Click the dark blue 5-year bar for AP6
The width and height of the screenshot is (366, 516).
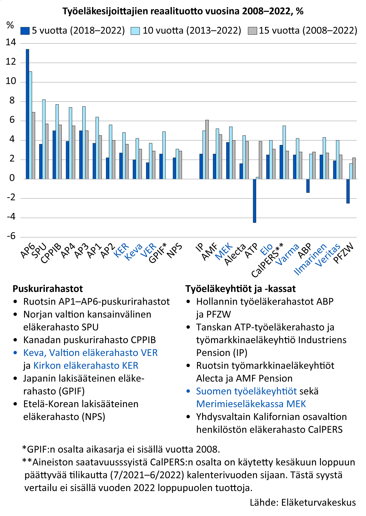click(x=27, y=114)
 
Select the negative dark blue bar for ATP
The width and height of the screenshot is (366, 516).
click(x=254, y=201)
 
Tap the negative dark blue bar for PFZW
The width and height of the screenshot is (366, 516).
click(x=348, y=191)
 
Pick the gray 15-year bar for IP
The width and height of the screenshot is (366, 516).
click(x=207, y=149)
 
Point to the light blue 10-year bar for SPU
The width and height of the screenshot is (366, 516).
click(x=44, y=139)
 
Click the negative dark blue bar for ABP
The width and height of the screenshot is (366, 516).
click(x=308, y=186)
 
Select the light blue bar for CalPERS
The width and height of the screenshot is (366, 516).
click(x=284, y=152)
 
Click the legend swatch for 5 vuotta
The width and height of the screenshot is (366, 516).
click(x=25, y=31)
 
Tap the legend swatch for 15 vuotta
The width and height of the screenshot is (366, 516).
click(x=252, y=31)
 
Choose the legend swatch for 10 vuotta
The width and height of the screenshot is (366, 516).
click(x=135, y=31)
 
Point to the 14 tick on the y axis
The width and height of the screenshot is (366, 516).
click(x=11, y=43)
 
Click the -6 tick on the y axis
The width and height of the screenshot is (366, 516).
click(x=11, y=237)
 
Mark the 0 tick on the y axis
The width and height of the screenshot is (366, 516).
click(x=12, y=178)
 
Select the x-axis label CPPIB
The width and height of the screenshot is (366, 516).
click(x=51, y=253)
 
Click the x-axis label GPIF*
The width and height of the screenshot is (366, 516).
click(x=157, y=253)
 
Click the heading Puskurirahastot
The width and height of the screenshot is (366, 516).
click(x=48, y=289)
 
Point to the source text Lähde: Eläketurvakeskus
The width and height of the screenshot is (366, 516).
click(x=303, y=502)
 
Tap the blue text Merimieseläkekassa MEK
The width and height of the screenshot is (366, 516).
click(x=251, y=404)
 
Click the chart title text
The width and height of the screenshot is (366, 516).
click(x=183, y=11)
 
